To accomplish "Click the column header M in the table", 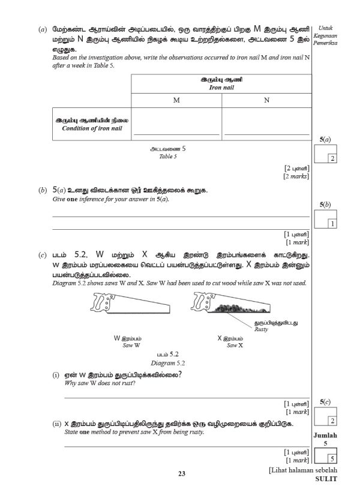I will pyautogui.click(x=176, y=100).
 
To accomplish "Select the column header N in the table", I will pyautogui.click(x=266, y=100).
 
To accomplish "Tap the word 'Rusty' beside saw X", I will pyautogui.click(x=261, y=329).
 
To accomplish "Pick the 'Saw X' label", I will pyautogui.click(x=235, y=346).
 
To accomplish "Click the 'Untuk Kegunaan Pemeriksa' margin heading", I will pyautogui.click(x=326, y=36).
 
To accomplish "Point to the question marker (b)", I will pyautogui.click(x=42, y=190).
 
